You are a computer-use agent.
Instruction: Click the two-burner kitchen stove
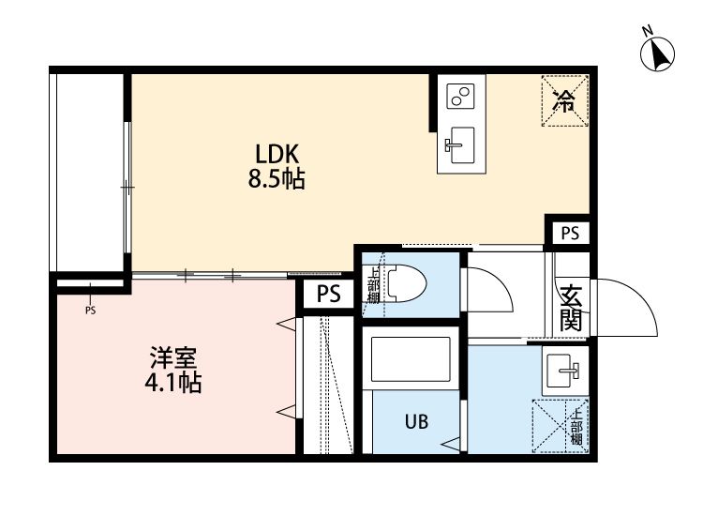[x=460, y=97]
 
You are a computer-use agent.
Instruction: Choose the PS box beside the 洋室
[x=328, y=295]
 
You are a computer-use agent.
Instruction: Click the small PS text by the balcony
[x=90, y=310]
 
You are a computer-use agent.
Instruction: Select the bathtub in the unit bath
[x=411, y=358]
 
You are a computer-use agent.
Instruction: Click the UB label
[x=417, y=421]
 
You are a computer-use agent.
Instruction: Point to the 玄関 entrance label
[x=572, y=308]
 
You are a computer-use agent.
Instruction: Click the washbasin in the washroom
[x=564, y=371]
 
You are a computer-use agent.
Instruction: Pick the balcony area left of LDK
[x=86, y=174]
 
